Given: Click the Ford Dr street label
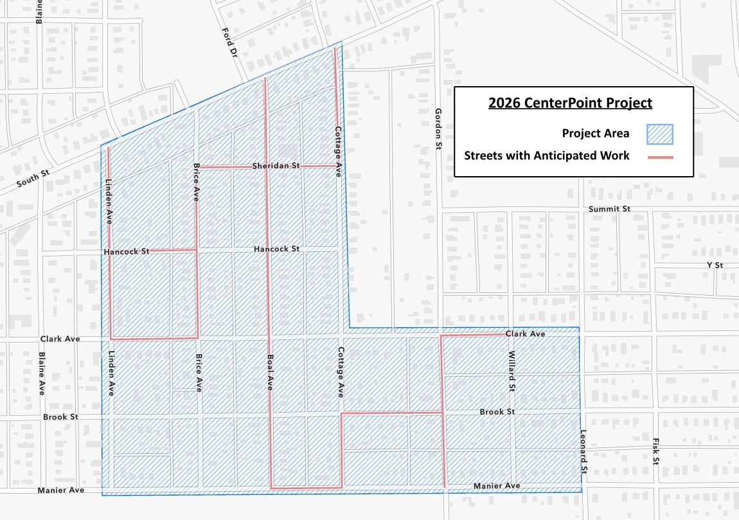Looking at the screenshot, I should pos(229,43).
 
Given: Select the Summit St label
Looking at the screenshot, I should pos(610,209).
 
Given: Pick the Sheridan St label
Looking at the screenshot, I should pos(276,166).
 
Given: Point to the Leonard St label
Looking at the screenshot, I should pos(583,452).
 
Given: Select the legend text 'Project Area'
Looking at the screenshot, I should pos(595,134).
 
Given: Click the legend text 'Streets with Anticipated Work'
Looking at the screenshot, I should pos(547,156).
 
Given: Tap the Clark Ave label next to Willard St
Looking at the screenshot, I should pos(525,334).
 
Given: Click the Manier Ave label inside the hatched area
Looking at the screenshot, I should pos(497,486).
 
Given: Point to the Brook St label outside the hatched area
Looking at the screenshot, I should pos(60,417).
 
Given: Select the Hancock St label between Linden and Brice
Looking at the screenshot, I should pos(126,252).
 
